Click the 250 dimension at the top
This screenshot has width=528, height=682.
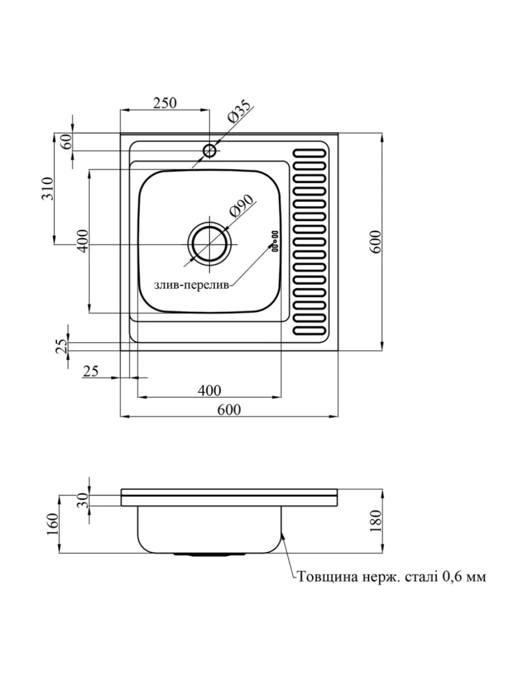coord(165,103)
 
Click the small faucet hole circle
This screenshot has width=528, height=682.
coord(209,151)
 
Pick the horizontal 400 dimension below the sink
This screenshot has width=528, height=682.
coord(209,390)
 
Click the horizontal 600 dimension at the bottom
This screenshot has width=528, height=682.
coord(229,410)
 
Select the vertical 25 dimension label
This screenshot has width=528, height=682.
coord(61,345)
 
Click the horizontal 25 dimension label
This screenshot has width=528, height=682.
coord(91,371)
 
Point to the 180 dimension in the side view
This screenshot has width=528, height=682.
coord(376,520)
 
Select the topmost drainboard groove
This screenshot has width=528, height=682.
coord(311,153)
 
